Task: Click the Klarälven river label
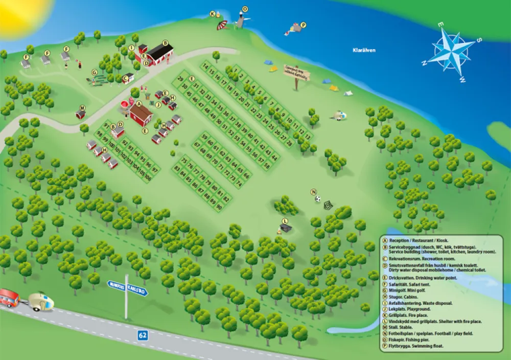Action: pyautogui.click(x=364, y=50)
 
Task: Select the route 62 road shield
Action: pyautogui.click(x=143, y=335)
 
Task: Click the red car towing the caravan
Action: pyautogui.click(x=10, y=298)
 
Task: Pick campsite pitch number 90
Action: pyautogui.click(x=219, y=207)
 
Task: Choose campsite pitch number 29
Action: pyautogui.click(x=180, y=79)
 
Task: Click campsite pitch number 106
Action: pyautogui.click(x=148, y=178)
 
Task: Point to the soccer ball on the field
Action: pyautogui.click(x=318, y=199)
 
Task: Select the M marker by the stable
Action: pyautogui.click(x=80, y=107)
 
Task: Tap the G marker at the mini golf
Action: pyautogui.click(x=94, y=72)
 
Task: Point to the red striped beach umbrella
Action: pyautogui.click(x=222, y=25)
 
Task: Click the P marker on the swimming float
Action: pyautogui.click(x=303, y=25)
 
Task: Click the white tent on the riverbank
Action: pyautogui.click(x=348, y=94)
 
